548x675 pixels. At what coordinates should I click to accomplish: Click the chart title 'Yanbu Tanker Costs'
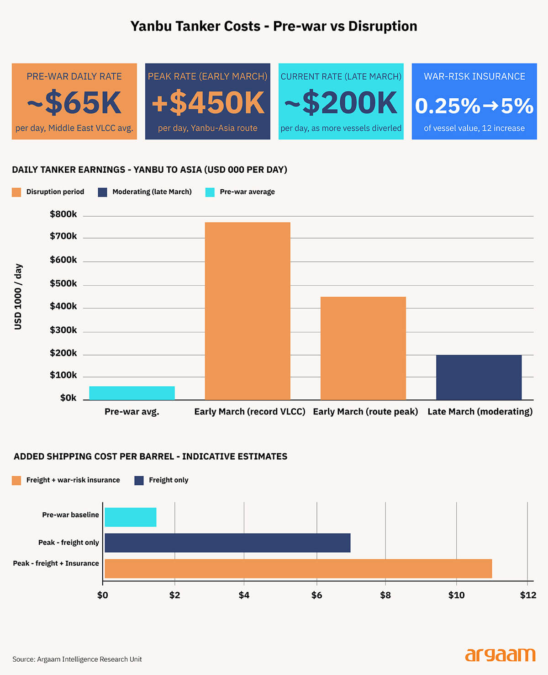coord(274,26)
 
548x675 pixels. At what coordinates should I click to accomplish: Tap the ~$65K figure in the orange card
coord(74,103)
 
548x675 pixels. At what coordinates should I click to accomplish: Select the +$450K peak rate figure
coord(208,103)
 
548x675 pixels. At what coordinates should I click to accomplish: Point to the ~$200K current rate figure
coord(341,103)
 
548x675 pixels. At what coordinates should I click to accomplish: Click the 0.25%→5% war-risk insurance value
coord(474,106)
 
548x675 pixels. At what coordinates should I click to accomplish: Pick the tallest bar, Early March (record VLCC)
coord(248,311)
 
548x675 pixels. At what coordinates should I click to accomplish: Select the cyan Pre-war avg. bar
coord(132,393)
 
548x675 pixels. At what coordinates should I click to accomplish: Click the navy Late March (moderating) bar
coord(479,377)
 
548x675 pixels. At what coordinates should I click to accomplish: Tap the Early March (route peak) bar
coord(363,348)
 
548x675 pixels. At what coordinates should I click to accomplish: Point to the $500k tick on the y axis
coord(63,283)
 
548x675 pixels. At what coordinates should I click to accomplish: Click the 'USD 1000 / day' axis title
coord(18,297)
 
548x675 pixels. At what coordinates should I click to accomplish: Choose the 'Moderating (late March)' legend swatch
coord(102,192)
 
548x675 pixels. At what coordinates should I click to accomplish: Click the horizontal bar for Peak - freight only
coord(227,542)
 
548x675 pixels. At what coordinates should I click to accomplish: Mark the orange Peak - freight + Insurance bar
coord(298,569)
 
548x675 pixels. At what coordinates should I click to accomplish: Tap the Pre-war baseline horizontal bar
coord(131,517)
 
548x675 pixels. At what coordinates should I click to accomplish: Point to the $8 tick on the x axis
coord(385,595)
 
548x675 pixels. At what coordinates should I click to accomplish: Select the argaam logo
coord(500,655)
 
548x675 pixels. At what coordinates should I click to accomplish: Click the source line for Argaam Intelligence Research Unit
coord(77,659)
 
